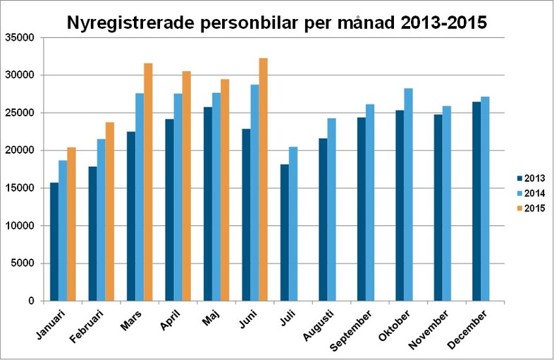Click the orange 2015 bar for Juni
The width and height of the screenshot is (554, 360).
(264, 180)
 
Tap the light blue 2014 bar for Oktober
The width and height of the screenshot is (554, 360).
(408, 194)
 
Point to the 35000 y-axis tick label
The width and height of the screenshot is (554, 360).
(20, 37)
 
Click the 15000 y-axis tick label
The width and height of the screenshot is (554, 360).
(20, 188)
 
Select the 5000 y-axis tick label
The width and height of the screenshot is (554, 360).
(23, 263)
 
